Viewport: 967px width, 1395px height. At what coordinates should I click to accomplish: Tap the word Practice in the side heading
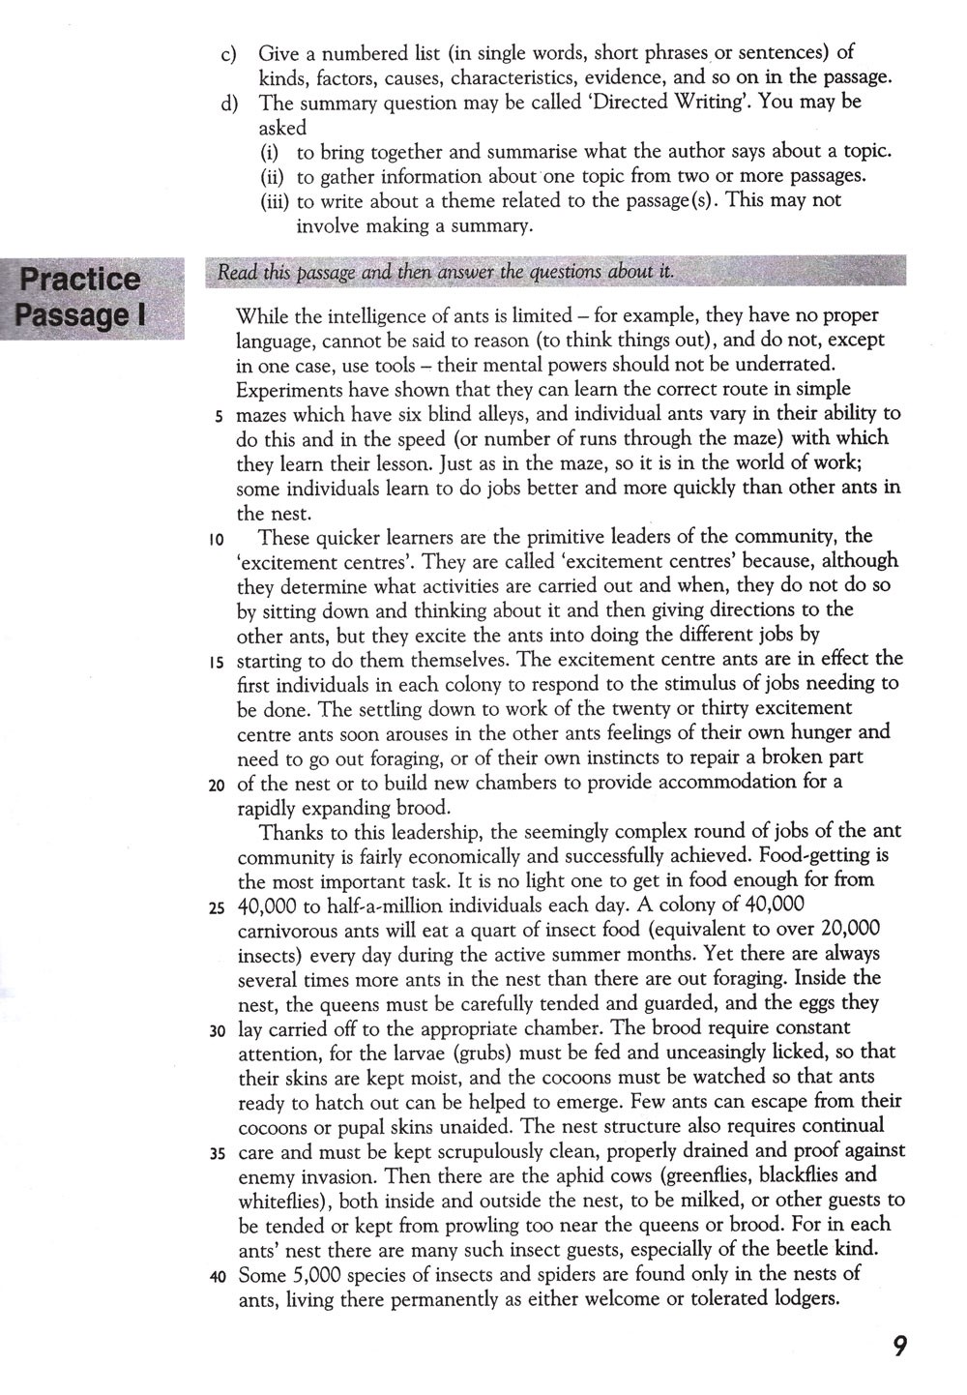click(80, 280)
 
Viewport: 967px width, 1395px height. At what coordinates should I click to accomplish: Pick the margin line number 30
click(217, 1031)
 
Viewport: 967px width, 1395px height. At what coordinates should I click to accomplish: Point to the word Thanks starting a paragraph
click(291, 831)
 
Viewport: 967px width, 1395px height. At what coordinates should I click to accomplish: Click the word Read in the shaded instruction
click(235, 273)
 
